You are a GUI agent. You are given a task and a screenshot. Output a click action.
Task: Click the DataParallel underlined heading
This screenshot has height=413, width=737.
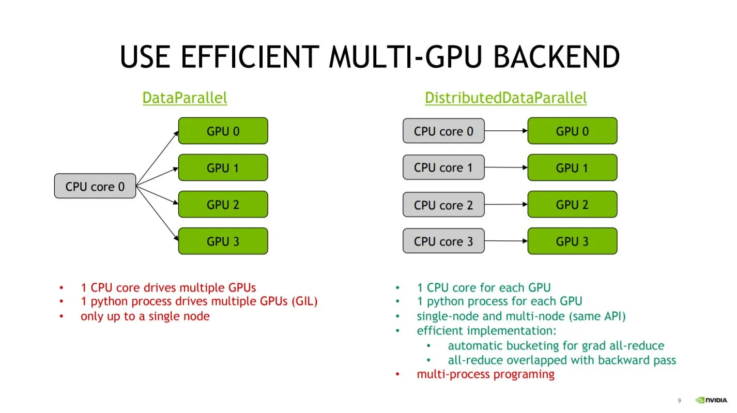tap(185, 98)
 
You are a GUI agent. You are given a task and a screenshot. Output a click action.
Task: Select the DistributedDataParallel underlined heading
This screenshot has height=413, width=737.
tap(505, 98)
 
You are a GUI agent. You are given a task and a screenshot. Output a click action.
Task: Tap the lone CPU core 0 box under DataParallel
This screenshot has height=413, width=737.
tap(95, 186)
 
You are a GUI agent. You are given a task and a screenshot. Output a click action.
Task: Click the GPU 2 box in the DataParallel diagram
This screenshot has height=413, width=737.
tap(223, 204)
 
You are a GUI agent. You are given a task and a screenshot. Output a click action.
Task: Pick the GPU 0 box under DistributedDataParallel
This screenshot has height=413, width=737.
tap(572, 131)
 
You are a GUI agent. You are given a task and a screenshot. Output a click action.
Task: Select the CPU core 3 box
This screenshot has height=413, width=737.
tap(443, 241)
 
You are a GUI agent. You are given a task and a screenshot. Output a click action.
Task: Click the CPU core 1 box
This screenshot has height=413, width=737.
tap(443, 167)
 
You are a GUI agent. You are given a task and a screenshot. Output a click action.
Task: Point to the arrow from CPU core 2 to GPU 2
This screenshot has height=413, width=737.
tap(505, 205)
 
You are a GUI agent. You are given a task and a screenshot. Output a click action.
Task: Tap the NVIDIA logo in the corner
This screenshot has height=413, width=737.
tap(711, 400)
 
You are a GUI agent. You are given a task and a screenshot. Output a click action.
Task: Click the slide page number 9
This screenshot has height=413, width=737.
tap(680, 401)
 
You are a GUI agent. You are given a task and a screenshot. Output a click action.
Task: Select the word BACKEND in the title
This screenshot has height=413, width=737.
tap(556, 57)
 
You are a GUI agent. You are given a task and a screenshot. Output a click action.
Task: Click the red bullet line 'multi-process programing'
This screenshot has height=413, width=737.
tap(485, 374)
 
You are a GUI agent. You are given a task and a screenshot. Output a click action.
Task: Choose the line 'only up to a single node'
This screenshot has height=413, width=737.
tap(145, 316)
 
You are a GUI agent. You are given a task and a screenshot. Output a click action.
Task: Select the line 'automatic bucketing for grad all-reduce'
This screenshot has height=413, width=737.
tap(556, 345)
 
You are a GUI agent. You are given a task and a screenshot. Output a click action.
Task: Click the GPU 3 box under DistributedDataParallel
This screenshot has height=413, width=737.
tap(572, 241)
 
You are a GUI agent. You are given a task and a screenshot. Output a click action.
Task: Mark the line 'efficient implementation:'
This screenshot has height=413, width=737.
tap(486, 330)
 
